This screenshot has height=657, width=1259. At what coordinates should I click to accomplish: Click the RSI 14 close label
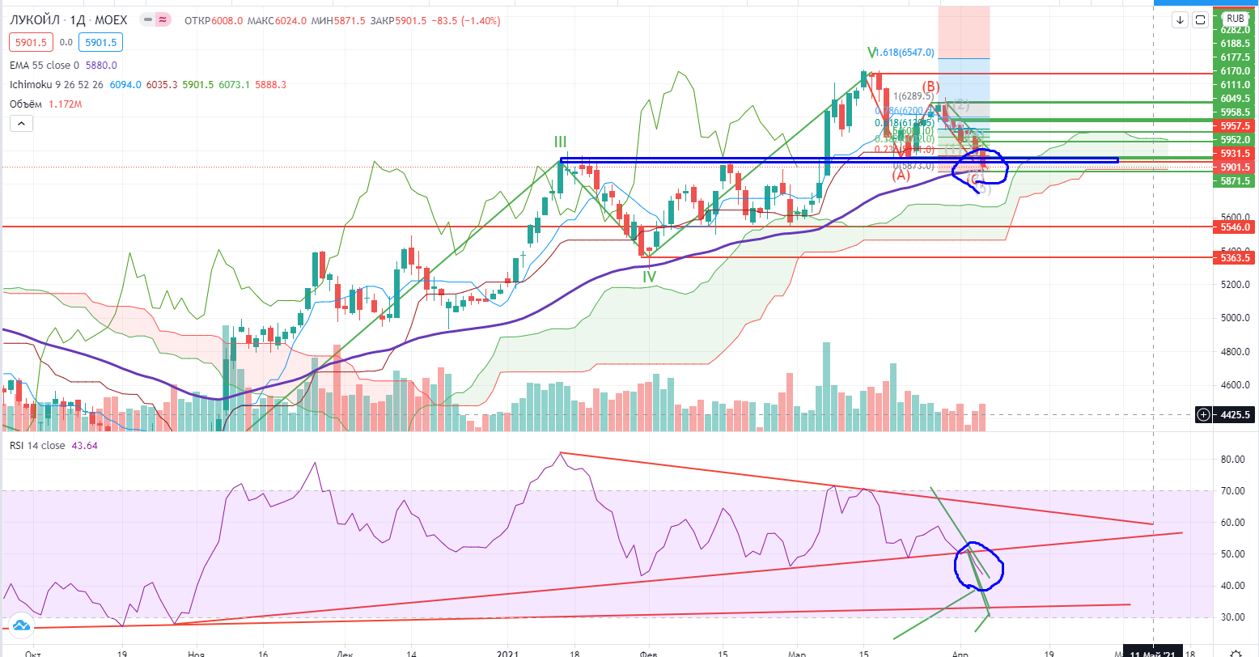[x=38, y=445]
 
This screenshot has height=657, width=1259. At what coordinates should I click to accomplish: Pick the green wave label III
[x=560, y=142]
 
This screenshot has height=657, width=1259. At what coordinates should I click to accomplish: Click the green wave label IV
[x=649, y=277]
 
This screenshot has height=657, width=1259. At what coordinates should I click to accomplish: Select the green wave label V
[x=871, y=53]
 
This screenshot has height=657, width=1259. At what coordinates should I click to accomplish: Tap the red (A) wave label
[x=901, y=175]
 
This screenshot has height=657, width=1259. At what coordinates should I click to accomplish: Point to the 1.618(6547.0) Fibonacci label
[x=905, y=53]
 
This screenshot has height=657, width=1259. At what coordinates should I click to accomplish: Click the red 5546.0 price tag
[x=1235, y=227]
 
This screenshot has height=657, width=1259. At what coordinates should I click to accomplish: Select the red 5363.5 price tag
[x=1235, y=257]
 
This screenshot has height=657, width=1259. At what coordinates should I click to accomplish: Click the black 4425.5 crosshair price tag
[x=1235, y=415]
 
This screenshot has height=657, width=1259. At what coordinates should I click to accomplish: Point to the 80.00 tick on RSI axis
[x=1231, y=460]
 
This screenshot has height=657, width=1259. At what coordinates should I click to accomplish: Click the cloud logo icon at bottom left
[x=21, y=625]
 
